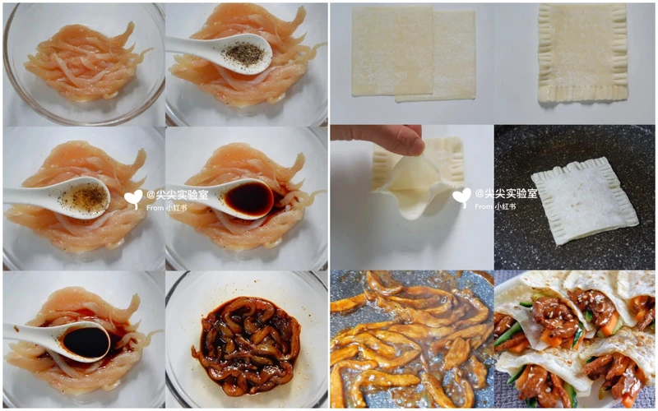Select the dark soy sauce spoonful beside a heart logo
coord(248,198)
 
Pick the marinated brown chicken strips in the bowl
coord(248,346)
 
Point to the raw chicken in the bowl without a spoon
coord(86,63)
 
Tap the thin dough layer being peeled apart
coord(409,184)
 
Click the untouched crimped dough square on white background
coord(582,53)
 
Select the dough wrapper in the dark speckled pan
coord(584,201)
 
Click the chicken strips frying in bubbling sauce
coord(411,339)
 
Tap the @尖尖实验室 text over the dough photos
coord(506,193)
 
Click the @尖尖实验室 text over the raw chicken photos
coord(178,195)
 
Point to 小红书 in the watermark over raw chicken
coord(176,208)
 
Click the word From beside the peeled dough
coord(484,206)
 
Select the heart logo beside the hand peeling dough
coord(461,197)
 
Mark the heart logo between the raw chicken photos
coord(133,199)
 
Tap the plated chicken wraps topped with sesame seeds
coord(575,339)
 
